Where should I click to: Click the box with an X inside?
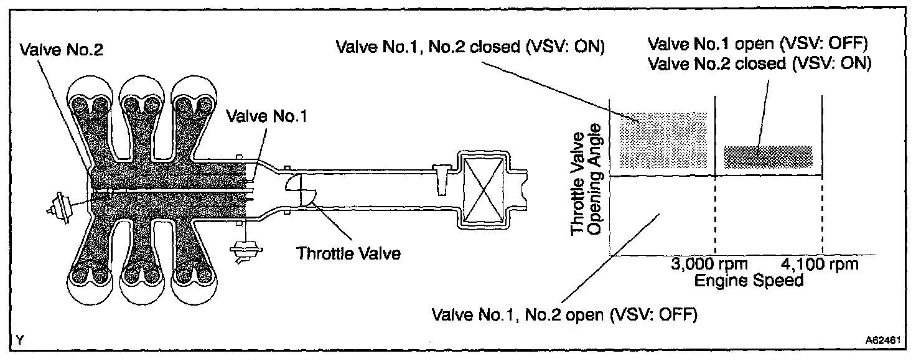[484, 187]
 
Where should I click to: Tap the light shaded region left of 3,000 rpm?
[664, 139]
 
